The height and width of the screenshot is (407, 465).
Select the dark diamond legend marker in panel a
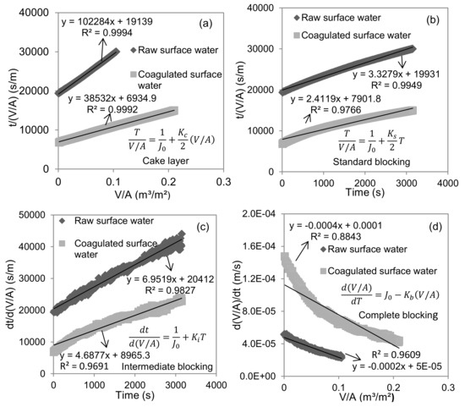134,50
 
